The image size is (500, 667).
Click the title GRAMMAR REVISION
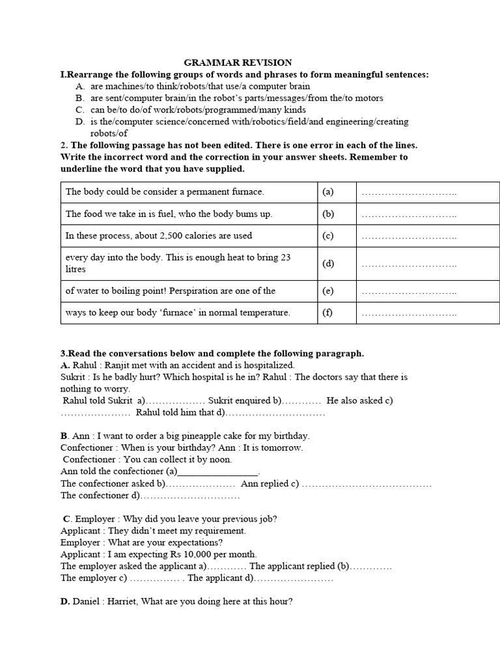coord(238,63)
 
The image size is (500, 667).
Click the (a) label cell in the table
coord(327,192)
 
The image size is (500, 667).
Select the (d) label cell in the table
coord(327,263)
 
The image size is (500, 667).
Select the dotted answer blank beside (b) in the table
coord(408,214)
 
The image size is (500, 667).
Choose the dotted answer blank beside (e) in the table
coord(408,291)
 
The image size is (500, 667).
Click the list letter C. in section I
coord(80,109)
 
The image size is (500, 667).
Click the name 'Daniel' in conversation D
coord(87,602)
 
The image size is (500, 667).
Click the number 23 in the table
coord(285,257)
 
